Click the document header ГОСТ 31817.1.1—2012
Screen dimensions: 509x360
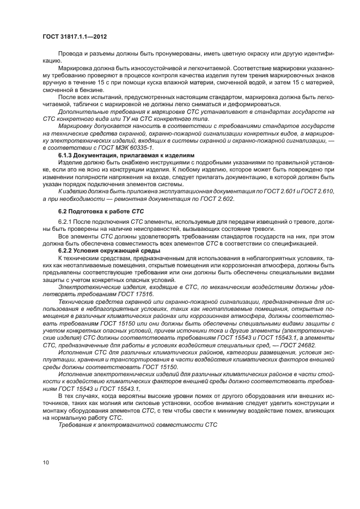[74, 36]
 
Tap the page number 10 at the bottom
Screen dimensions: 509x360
[46, 463]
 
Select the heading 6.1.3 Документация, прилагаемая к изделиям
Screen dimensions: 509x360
[126, 155]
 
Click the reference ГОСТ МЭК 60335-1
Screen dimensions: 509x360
[129, 147]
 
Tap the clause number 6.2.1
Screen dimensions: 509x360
[65, 222]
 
